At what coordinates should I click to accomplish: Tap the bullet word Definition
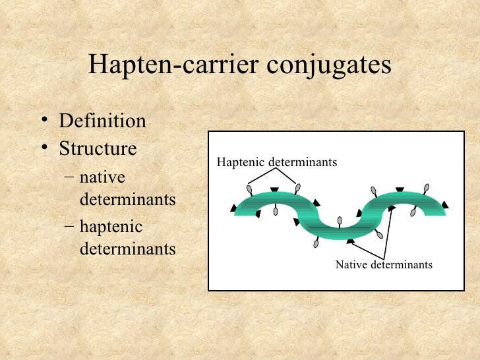[102, 121]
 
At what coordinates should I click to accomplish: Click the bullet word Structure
[98, 148]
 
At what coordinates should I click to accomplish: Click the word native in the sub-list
[102, 178]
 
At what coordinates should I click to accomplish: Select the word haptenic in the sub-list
[111, 228]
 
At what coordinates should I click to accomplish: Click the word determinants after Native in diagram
[402, 265]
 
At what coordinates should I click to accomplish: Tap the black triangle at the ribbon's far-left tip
[234, 208]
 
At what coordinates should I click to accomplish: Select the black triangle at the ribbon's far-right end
[446, 205]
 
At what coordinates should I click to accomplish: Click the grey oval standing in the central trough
[340, 221]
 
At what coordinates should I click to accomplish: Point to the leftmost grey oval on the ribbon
[250, 191]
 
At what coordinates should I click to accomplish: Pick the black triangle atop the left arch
[274, 190]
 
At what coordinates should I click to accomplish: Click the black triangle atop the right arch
[400, 189]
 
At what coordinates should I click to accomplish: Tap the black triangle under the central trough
[350, 241]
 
